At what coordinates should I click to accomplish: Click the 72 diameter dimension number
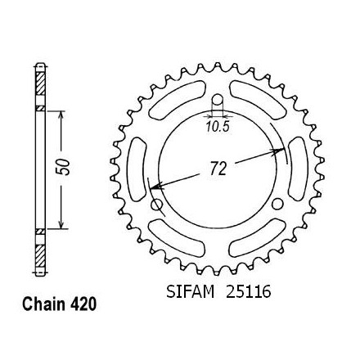pyautogui.click(x=218, y=169)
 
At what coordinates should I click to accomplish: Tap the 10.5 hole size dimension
pyautogui.click(x=218, y=127)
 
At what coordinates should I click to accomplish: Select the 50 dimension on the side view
pyautogui.click(x=63, y=167)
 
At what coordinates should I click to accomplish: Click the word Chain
pyautogui.click(x=44, y=304)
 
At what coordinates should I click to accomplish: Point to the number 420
pyautogui.click(x=83, y=304)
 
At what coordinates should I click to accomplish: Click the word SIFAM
pyautogui.click(x=190, y=292)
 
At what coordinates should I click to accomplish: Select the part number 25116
pyautogui.click(x=248, y=292)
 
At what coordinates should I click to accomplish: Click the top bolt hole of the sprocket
pyautogui.click(x=218, y=100)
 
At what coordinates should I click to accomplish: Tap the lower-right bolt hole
pyautogui.click(x=277, y=204)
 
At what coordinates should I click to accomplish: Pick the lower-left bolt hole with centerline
pyautogui.click(x=157, y=205)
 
